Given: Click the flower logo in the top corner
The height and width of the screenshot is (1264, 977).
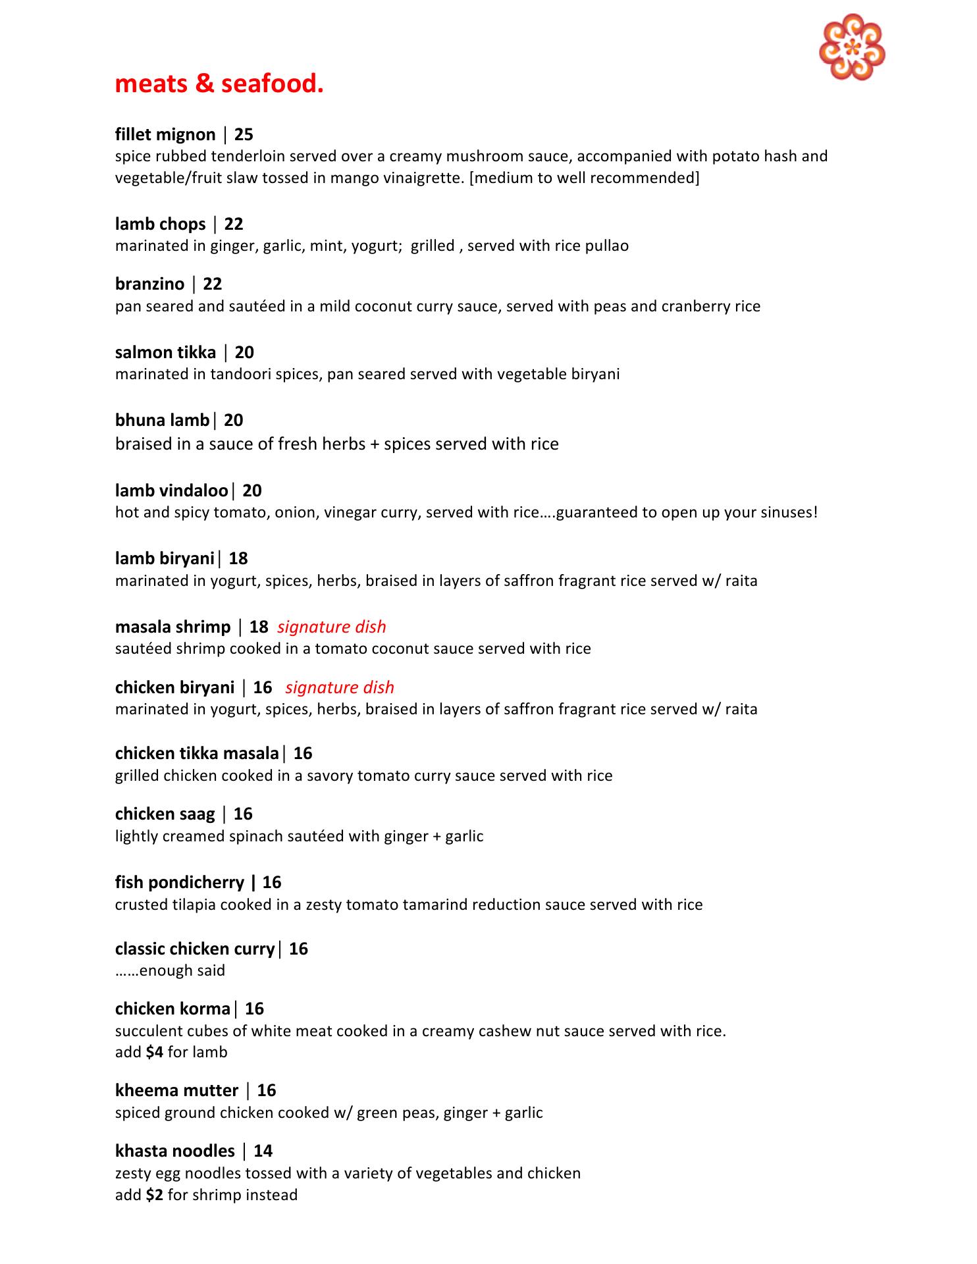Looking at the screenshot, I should pyautogui.click(x=851, y=47).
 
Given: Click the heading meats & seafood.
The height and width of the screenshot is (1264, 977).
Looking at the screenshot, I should pyautogui.click(x=219, y=84).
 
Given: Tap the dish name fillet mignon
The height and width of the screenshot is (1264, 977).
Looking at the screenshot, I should pyautogui.click(x=165, y=134).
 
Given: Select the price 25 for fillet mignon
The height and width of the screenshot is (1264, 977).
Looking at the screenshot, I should pyautogui.click(x=244, y=134).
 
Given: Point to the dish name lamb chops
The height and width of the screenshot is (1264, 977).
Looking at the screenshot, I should pyautogui.click(x=160, y=224).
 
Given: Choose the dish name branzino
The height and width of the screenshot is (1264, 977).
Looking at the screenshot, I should pyautogui.click(x=149, y=284).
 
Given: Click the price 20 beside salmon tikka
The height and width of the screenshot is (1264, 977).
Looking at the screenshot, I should pyautogui.click(x=244, y=352).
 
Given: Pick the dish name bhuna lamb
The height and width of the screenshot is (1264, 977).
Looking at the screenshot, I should pyautogui.click(x=162, y=420).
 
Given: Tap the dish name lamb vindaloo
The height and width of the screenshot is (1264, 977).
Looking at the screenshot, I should pyautogui.click(x=171, y=490).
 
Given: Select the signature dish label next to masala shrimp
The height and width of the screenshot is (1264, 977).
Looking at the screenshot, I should pyautogui.click(x=332, y=627).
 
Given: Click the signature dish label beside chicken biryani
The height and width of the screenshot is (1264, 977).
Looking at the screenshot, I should pyautogui.click(x=340, y=687).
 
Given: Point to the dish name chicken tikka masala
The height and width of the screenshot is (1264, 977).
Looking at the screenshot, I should pyautogui.click(x=197, y=753).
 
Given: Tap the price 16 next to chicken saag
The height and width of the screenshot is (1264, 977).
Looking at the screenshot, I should pyautogui.click(x=243, y=814).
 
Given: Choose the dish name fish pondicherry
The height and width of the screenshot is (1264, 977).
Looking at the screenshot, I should pyautogui.click(x=179, y=882).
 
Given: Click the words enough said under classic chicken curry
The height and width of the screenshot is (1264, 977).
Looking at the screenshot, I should pyautogui.click(x=182, y=970).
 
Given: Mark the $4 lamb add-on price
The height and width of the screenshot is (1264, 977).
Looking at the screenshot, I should pyautogui.click(x=154, y=1052).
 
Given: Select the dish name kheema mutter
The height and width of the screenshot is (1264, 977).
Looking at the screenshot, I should pyautogui.click(x=176, y=1090).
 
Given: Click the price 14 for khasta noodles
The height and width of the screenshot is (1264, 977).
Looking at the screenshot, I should pyautogui.click(x=263, y=1151).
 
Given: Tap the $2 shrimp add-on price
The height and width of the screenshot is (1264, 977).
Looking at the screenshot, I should pyautogui.click(x=154, y=1195).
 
